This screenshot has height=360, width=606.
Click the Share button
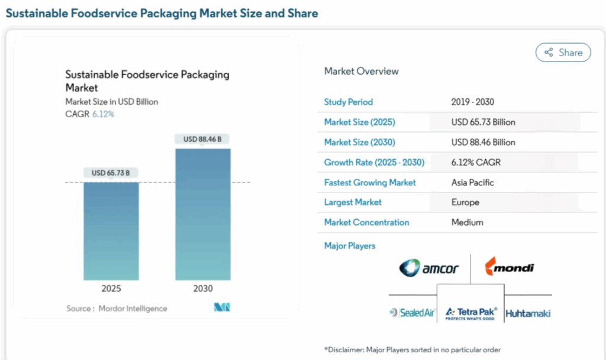coord(563,53)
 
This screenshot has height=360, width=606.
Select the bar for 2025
coord(111,231)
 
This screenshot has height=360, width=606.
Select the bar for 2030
coord(202,214)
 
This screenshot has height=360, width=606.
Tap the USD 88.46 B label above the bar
coord(202,139)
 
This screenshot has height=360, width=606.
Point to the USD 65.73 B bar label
coord(111,173)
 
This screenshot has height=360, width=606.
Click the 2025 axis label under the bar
coord(111,288)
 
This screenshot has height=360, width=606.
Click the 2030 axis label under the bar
coord(202,288)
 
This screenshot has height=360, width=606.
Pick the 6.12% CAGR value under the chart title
coord(103,114)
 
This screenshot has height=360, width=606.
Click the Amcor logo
coord(429,268)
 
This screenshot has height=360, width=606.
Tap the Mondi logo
coord(510,268)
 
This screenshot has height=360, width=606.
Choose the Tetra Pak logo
coord(471,312)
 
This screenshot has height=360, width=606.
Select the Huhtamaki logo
coord(528,313)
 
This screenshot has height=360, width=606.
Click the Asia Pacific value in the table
coord(472,182)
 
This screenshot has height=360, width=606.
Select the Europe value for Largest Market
coord(465,202)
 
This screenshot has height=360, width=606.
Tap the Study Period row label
coord(349,102)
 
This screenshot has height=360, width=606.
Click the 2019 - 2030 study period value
coord(472,102)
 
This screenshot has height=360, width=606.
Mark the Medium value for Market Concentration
coord(467,222)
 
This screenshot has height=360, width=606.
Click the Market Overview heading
coord(362,71)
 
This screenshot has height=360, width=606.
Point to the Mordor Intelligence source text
coord(133,308)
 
